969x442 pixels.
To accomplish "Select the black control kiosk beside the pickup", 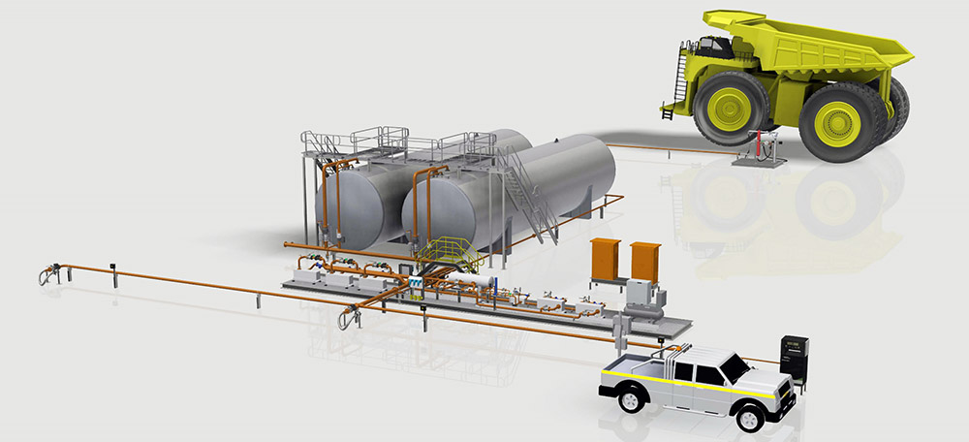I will tap(795, 357).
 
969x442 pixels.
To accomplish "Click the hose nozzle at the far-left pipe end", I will tap(45, 276).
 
